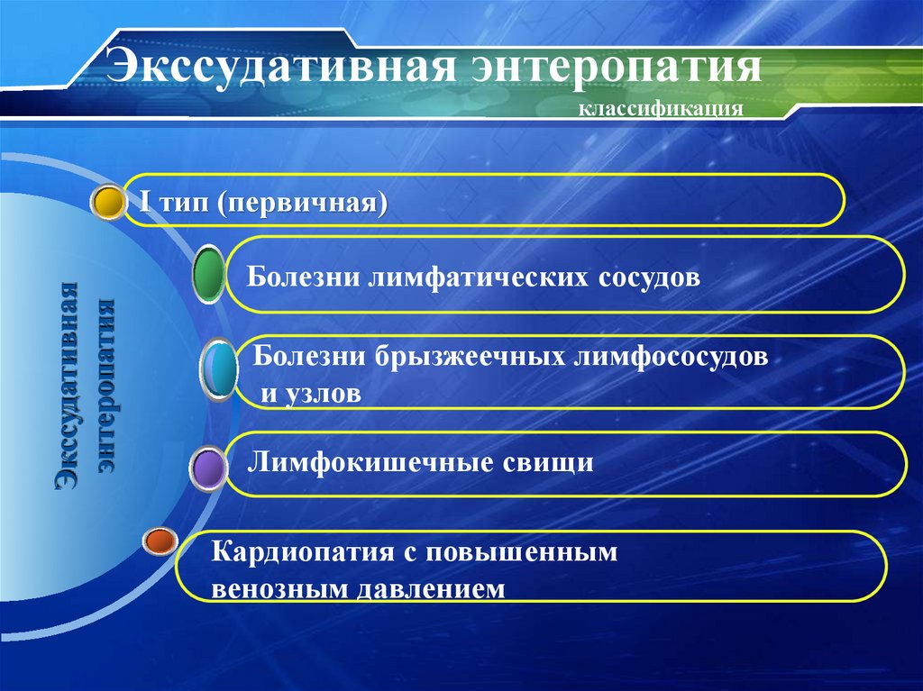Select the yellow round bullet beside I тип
point(108,203)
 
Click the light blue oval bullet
point(219,368)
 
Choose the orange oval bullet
point(160,541)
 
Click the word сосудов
point(647,275)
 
